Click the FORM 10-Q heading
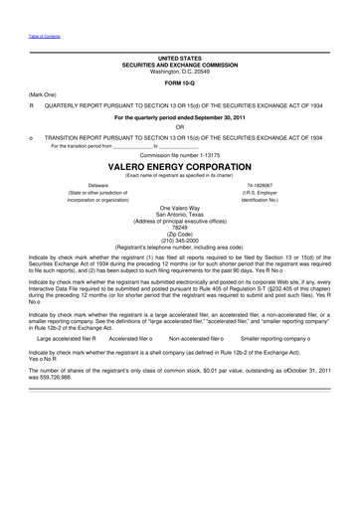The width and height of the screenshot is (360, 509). click(179, 84)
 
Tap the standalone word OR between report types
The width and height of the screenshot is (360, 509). click(179, 126)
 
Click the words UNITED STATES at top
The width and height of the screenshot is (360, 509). click(179, 59)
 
